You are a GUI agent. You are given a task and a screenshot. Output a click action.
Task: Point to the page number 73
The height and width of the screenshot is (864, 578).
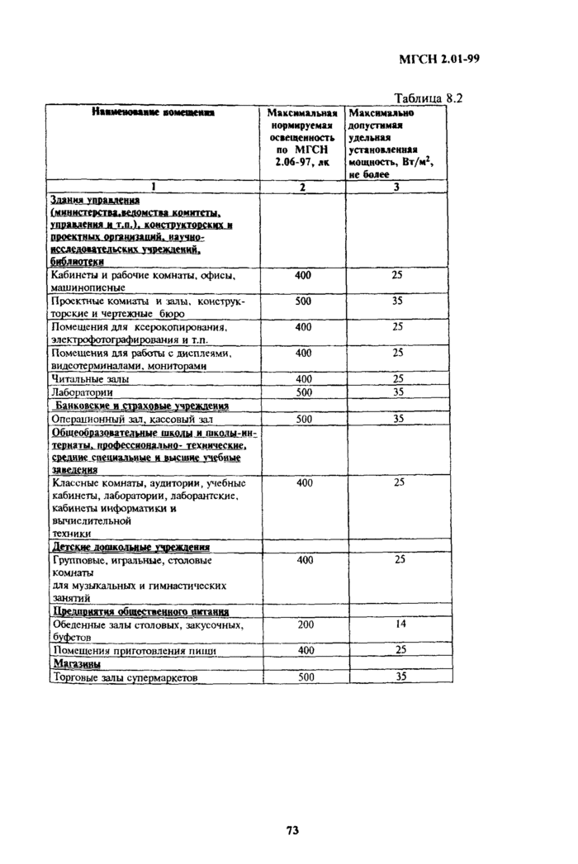point(291,829)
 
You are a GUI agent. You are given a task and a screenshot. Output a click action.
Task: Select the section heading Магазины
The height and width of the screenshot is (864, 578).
point(76,663)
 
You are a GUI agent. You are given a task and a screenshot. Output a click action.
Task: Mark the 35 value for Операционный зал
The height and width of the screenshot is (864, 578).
point(398,419)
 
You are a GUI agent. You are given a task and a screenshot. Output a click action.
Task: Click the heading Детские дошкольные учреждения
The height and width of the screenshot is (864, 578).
point(130,547)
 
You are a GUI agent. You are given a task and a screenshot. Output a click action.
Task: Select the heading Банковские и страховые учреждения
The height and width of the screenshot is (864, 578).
point(140,406)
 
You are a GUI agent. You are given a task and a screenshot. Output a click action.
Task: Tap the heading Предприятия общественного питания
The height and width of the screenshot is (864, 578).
point(140,611)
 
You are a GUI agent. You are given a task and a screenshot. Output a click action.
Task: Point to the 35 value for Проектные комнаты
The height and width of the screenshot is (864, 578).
point(398,301)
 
